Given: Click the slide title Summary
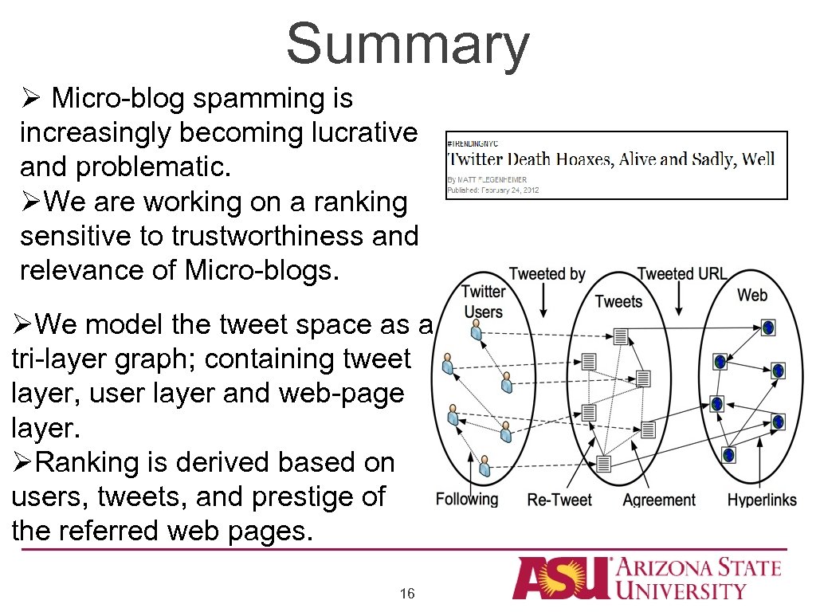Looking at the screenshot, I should [407, 44].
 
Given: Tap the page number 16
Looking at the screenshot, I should [407, 594].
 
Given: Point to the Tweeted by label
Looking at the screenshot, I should [547, 274].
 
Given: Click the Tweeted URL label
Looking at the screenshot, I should [681, 274].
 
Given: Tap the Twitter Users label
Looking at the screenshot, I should [484, 301].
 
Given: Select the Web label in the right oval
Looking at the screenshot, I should [751, 295].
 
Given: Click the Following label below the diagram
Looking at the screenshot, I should [467, 500].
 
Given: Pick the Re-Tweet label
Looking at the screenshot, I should [559, 500].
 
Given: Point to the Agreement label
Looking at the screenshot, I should [658, 500].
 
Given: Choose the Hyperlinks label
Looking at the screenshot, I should [762, 500].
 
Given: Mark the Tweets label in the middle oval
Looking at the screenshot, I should [618, 301].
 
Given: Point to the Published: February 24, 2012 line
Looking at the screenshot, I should [492, 190].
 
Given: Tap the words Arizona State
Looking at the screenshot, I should [700, 568].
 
